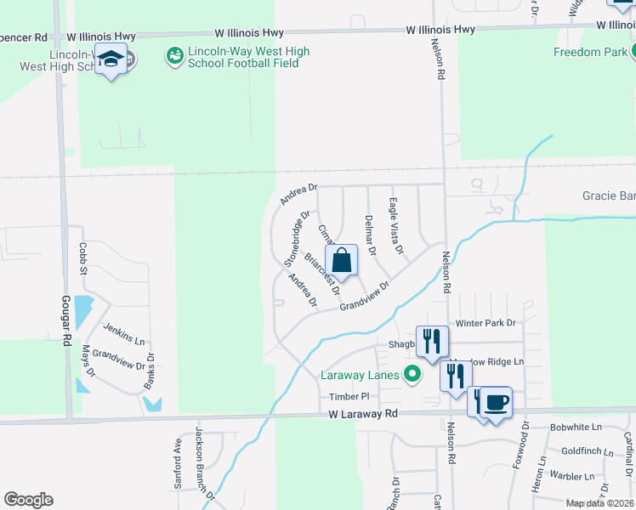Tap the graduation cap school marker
[111, 59]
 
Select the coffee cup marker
[495, 401]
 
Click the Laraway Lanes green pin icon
[413, 373]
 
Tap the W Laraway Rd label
[364, 414]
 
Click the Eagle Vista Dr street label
[395, 226]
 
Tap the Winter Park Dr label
[486, 323]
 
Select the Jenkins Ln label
[124, 332]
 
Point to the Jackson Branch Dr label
[203, 463]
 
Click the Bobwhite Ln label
[576, 427]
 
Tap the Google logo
[28, 500]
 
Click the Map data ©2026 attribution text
[599, 503]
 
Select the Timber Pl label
[349, 397]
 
